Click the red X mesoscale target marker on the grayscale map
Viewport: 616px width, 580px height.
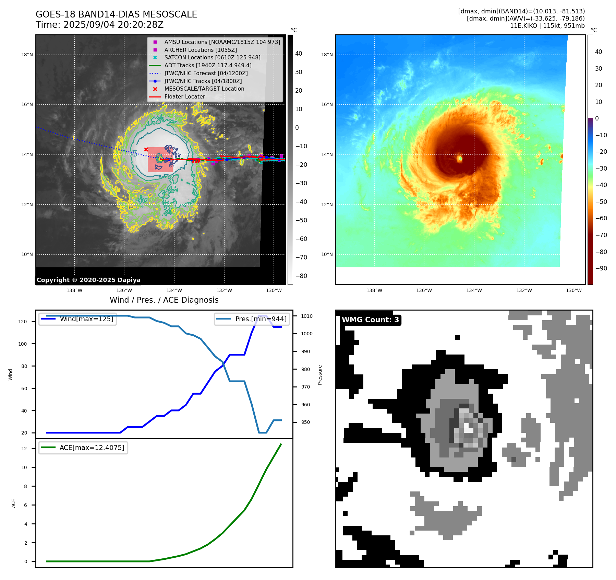pyautogui.click(x=146, y=149)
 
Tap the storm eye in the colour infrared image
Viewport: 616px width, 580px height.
pyautogui.click(x=460, y=158)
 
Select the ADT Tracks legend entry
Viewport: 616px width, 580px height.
pyautogui.click(x=208, y=65)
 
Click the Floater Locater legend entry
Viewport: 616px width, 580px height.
pyautogui.click(x=184, y=96)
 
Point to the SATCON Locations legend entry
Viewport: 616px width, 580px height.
pyautogui.click(x=212, y=57)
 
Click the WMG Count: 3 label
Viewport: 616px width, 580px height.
pyautogui.click(x=370, y=320)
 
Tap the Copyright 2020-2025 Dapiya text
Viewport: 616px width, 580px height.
pyautogui.click(x=88, y=280)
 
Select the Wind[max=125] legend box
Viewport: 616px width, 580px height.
pyautogui.click(x=78, y=319)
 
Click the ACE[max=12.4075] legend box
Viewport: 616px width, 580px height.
pyautogui.click(x=83, y=448)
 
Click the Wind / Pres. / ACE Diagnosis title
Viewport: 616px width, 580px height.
pyautogui.click(x=164, y=300)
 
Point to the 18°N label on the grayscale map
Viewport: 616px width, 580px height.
pyautogui.click(x=27, y=55)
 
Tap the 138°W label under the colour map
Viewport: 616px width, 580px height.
pyautogui.click(x=374, y=290)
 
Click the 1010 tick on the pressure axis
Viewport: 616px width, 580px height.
pyautogui.click(x=307, y=316)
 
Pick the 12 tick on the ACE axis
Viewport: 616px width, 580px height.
pyautogui.click(x=24, y=449)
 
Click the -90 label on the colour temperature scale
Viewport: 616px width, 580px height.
pyautogui.click(x=601, y=268)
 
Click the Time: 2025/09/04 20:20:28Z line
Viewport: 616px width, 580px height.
pyautogui.click(x=99, y=25)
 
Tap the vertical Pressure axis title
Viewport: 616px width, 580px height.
pyautogui.click(x=320, y=375)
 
